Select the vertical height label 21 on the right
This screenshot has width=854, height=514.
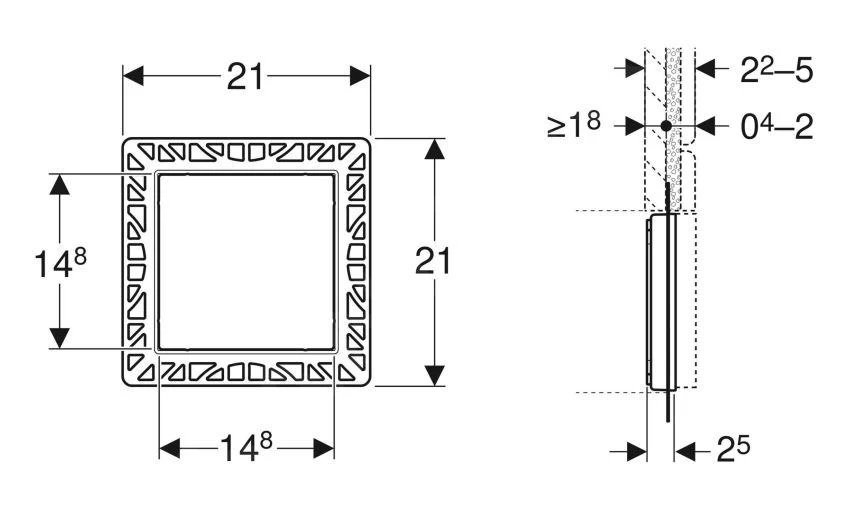pos(433,262)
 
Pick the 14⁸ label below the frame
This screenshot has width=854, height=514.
pos(247,450)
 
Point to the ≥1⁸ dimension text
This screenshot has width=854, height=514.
pos(573,127)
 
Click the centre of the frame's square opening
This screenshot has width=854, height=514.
pos(247,262)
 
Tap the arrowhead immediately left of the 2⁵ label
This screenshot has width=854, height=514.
pos(686,451)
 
